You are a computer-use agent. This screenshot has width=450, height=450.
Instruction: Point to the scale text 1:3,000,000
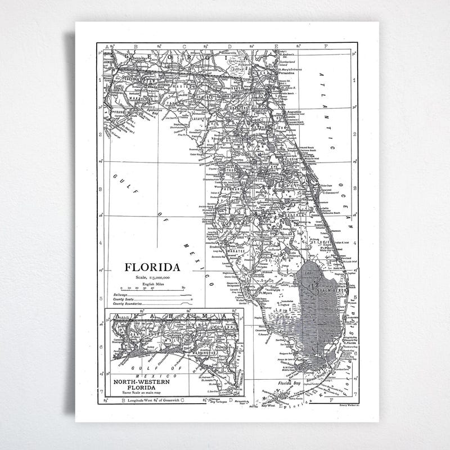point(152,278)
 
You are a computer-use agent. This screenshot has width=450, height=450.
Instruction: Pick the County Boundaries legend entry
point(128,304)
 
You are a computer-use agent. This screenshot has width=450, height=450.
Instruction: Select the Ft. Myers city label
point(266,292)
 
